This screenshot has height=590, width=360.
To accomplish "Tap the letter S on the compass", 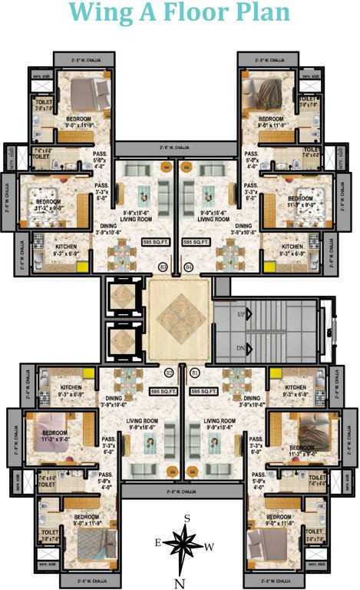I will tap(187, 519).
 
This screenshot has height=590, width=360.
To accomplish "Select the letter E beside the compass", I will tap(157, 542).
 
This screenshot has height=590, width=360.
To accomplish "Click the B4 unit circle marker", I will tap(189, 267).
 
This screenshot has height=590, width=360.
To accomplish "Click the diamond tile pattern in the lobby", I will tap(180, 317).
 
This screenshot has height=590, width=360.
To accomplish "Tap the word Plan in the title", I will tap(258, 14).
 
